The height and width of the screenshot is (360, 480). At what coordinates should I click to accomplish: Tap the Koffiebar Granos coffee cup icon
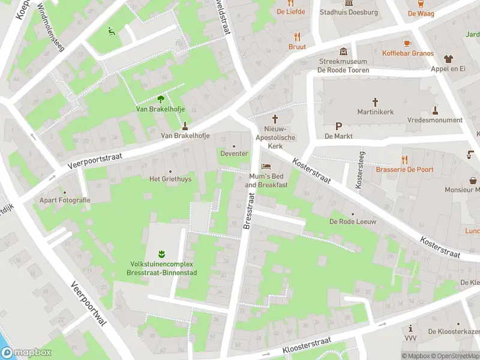point(407,43)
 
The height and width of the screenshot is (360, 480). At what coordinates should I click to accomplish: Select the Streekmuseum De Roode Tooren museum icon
point(343,52)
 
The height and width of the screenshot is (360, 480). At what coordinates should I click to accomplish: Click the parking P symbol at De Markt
point(338,126)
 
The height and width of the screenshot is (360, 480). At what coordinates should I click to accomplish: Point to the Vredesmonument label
point(435,120)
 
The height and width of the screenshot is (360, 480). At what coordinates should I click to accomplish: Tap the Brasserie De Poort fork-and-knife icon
point(404,160)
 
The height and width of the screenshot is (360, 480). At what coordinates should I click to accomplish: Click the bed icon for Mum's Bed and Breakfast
point(266,166)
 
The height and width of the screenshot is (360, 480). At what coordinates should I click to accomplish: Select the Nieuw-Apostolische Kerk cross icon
point(275,119)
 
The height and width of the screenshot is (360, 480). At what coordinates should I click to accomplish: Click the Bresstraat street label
point(248,211)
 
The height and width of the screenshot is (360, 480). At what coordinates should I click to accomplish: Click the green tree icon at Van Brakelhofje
point(160,99)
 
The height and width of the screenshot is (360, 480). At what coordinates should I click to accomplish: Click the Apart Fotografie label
point(65,200)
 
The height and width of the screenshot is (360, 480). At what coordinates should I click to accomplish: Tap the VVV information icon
point(410,329)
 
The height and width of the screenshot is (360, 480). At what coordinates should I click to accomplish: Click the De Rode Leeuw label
point(352,221)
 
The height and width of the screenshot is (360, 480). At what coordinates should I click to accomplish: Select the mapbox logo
point(25,353)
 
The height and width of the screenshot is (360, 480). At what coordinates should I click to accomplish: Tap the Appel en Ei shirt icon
point(448,59)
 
